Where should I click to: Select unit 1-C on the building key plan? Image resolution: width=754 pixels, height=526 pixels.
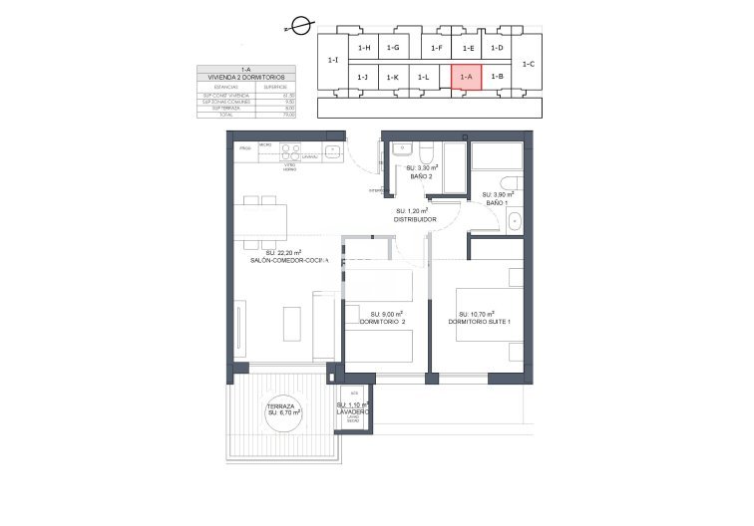point(528,64)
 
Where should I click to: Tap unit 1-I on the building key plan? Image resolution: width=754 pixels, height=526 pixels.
point(332,61)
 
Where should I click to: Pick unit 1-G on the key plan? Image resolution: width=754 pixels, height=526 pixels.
point(394,48)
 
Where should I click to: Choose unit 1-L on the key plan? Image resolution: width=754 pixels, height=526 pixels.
point(423,78)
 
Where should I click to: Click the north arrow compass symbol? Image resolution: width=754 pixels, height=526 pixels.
point(298,30)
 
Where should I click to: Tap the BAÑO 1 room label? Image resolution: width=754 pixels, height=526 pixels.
point(497,202)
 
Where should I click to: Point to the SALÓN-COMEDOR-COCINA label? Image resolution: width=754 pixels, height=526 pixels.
point(288,260)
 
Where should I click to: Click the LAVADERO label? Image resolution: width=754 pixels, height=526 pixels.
point(352,411)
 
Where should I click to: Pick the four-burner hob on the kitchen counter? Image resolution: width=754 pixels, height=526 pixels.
point(290,152)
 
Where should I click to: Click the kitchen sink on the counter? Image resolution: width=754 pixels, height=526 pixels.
point(332,153)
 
